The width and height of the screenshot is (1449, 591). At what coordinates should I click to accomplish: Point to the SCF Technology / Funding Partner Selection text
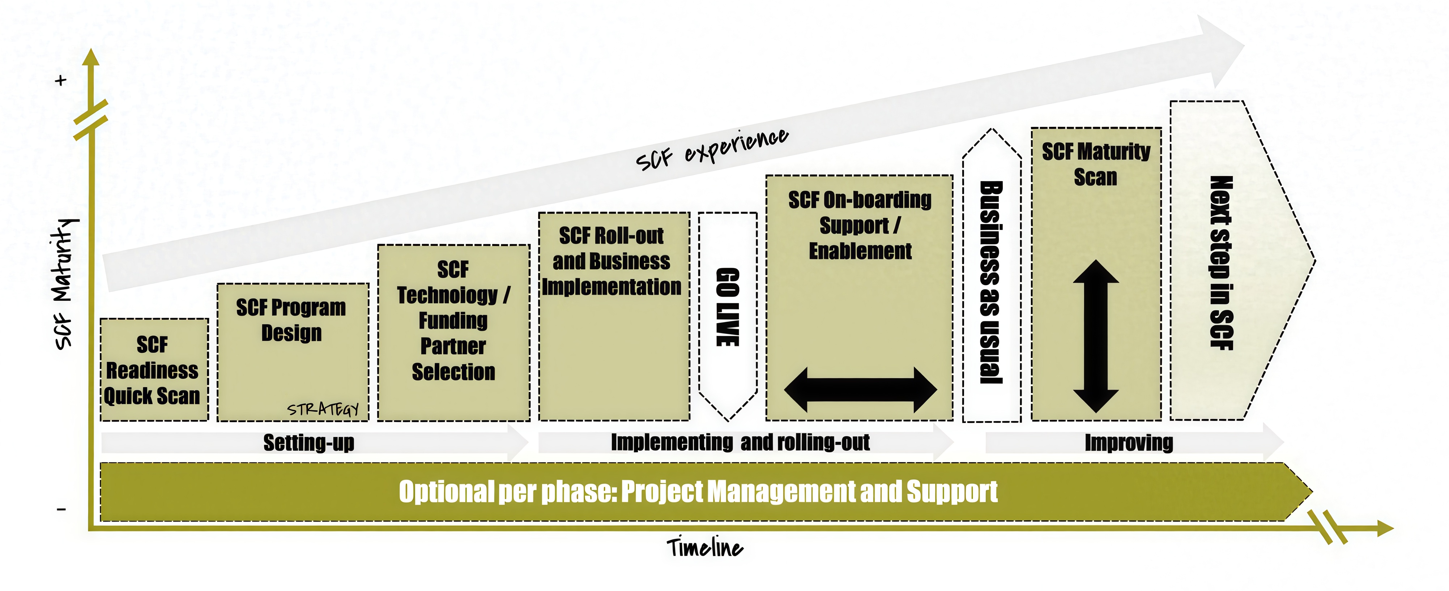[x=453, y=321]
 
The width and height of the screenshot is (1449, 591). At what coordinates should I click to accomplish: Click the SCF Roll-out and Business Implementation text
[x=612, y=261]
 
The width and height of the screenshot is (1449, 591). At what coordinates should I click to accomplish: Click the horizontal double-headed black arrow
[x=860, y=389]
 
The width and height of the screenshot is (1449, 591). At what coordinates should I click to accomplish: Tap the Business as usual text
[x=991, y=282]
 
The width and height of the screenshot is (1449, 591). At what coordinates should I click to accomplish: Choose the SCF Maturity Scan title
[x=1096, y=164]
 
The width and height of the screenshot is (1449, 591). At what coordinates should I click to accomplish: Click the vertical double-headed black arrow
[x=1096, y=336]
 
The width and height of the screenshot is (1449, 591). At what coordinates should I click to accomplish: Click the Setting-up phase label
[x=309, y=442]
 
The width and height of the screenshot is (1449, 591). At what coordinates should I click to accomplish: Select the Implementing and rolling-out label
[x=740, y=442]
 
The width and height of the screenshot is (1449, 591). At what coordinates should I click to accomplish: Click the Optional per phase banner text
[x=698, y=492]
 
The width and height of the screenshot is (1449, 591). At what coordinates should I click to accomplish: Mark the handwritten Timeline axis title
[x=704, y=547]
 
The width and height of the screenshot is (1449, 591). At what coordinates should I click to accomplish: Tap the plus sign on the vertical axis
[x=61, y=80]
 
